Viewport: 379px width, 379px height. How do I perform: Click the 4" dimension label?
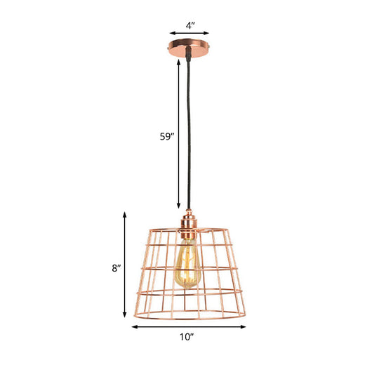pyautogui.click(x=190, y=24)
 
